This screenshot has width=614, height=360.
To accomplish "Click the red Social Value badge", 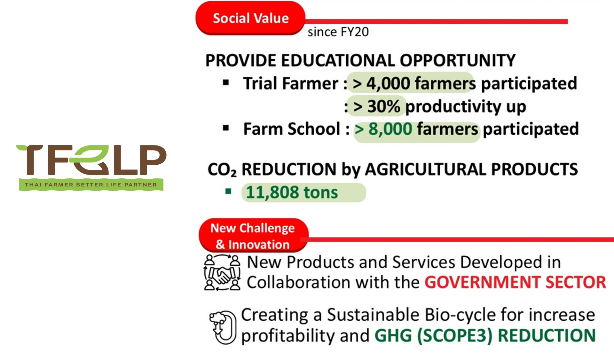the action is click(x=250, y=18).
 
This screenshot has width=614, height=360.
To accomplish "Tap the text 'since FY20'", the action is click(x=338, y=32).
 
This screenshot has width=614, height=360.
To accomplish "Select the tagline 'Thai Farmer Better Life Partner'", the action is click(x=91, y=184).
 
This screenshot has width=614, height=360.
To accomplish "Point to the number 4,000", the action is click(x=388, y=83).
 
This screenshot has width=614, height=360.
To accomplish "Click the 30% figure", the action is click(x=384, y=106).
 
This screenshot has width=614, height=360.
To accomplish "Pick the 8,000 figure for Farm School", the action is click(x=390, y=129).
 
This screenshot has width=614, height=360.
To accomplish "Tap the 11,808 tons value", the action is click(x=292, y=192).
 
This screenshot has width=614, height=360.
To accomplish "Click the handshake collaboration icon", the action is click(x=222, y=272).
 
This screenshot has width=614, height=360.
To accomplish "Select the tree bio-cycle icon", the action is click(x=223, y=327).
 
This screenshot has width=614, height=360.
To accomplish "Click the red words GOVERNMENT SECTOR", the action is click(x=515, y=282).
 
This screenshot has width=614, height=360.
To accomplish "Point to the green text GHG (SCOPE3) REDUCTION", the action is click(x=485, y=336).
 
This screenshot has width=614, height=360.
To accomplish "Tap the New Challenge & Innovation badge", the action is click(x=253, y=236).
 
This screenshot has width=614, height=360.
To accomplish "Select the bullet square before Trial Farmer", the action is click(x=226, y=83).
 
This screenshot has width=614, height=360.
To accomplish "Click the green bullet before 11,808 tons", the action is click(x=228, y=192).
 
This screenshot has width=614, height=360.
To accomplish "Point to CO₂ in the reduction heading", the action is click(x=222, y=169).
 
